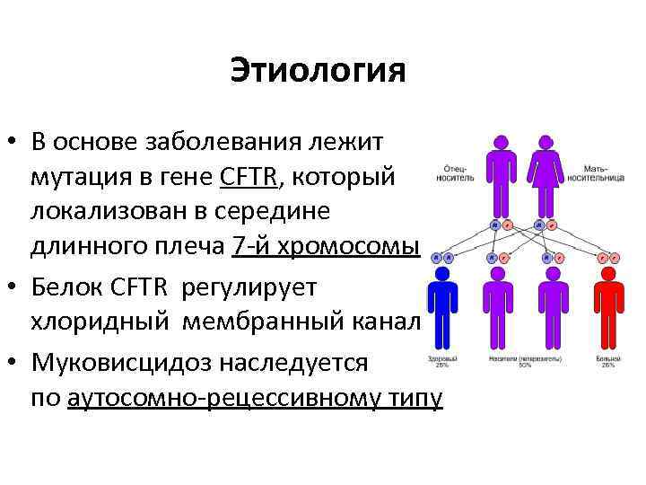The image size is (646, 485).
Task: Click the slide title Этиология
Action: click(x=318, y=70)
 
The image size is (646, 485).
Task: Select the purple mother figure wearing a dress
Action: click(x=544, y=171)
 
